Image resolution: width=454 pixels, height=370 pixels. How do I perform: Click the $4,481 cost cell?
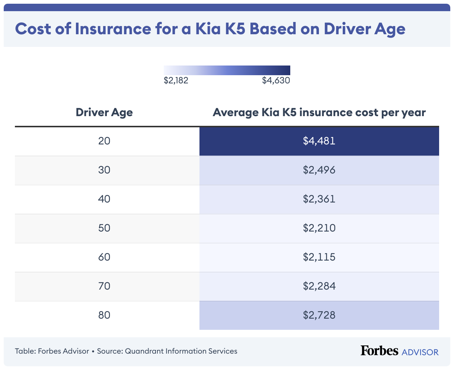(319, 141)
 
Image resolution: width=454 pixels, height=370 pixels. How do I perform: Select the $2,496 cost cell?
(319, 170)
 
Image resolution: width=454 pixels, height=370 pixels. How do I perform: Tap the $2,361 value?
(319, 199)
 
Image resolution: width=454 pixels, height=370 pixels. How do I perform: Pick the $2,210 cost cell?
(319, 228)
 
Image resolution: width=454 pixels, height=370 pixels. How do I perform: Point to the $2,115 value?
(319, 257)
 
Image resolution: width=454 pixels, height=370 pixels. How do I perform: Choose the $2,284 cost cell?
(319, 286)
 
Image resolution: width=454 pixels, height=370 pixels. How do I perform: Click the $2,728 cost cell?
(319, 315)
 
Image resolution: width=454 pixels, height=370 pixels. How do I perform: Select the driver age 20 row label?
(104, 141)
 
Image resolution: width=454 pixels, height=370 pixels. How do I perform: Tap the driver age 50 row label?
(104, 228)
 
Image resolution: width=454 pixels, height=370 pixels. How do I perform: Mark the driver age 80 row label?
(104, 315)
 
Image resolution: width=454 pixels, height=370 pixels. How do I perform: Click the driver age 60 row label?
(104, 257)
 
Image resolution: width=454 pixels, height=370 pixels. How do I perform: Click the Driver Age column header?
(104, 112)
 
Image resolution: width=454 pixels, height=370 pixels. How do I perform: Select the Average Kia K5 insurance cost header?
(319, 112)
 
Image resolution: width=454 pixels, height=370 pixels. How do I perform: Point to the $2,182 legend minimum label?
(176, 80)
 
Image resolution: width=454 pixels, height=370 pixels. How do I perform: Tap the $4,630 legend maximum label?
(276, 80)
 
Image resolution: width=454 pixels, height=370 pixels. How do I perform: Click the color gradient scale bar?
(227, 70)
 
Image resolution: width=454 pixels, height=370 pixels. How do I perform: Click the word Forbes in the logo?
(379, 351)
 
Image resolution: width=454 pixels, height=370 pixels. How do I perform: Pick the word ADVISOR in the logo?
(420, 352)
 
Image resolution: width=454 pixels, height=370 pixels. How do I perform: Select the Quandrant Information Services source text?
(181, 351)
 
